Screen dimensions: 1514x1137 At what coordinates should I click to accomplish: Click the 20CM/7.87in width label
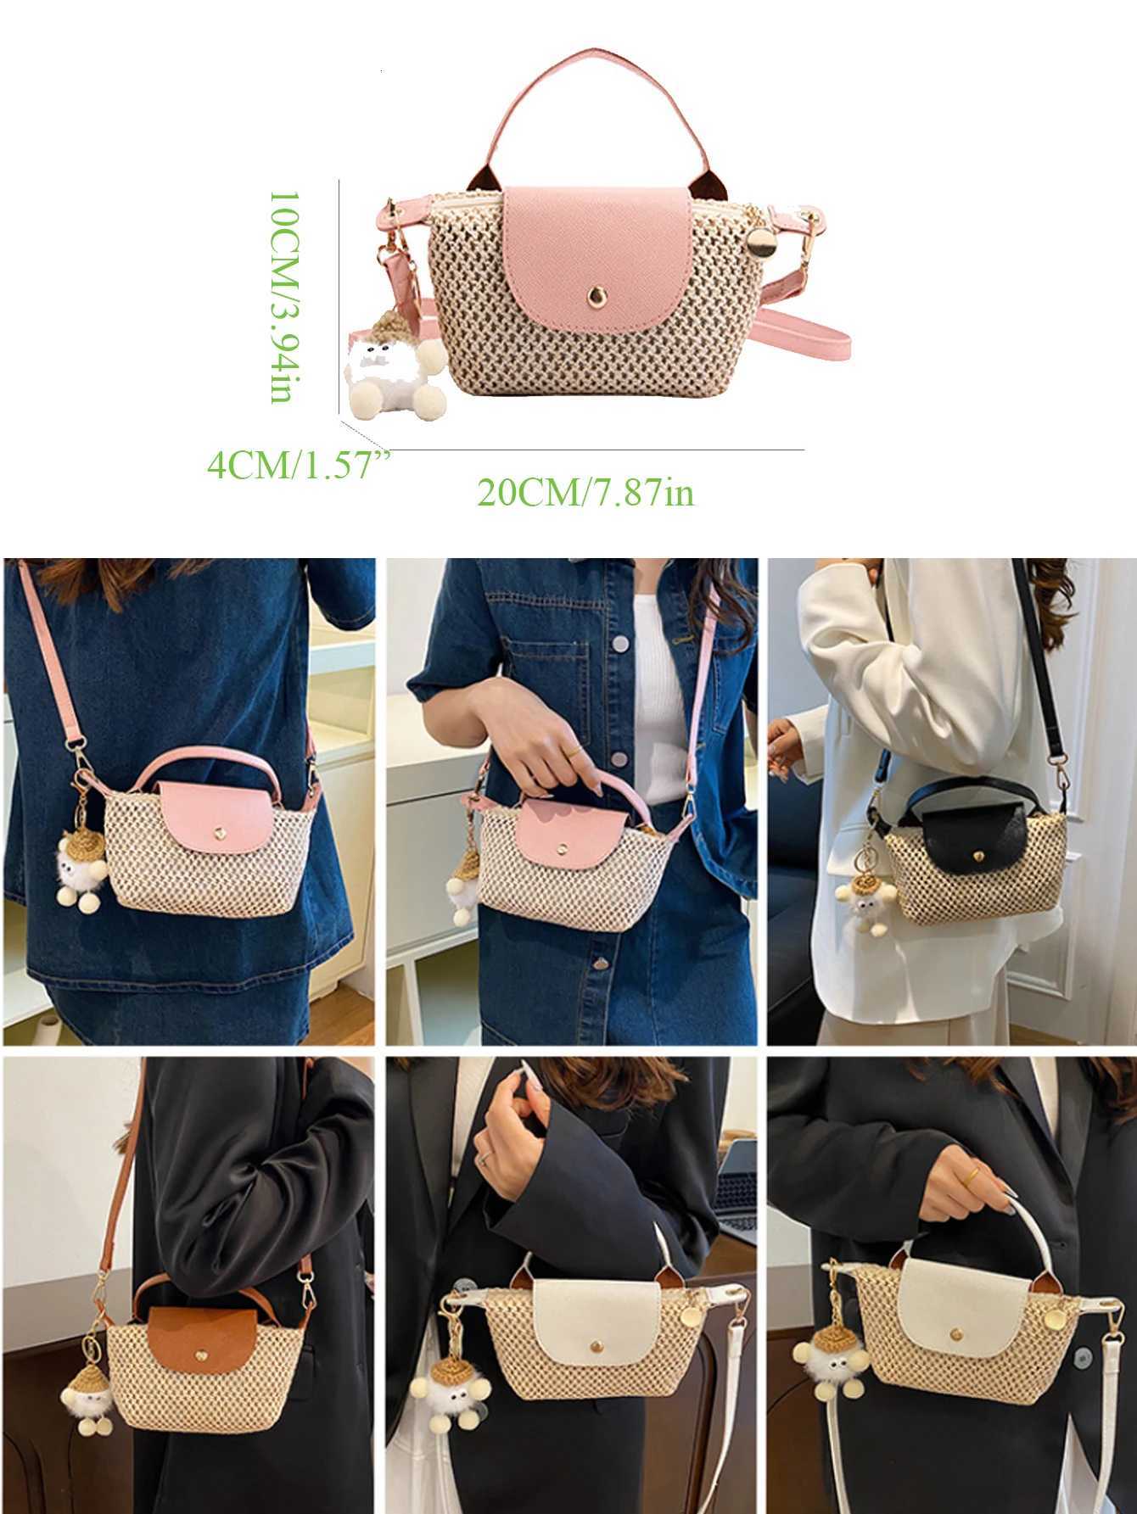tap(585, 492)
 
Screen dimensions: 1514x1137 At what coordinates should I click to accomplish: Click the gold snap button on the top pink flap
tap(594, 293)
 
